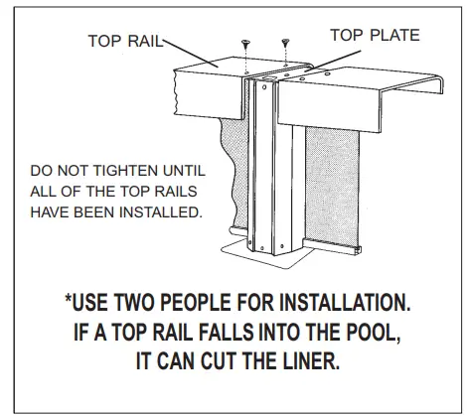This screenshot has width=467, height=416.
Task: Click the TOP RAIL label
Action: click(126, 41)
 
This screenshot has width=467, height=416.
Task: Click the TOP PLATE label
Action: click(375, 35)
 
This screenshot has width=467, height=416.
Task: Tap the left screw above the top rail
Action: click(245, 44)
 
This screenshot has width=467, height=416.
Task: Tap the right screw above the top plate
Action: click(285, 43)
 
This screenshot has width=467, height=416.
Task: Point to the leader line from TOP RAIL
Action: click(191, 53)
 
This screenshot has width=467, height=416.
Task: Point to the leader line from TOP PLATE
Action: click(333, 61)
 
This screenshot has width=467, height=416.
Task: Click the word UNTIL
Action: click(184, 171)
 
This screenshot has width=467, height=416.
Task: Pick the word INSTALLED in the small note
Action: click(161, 212)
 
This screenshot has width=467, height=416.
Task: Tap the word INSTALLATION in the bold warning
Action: click(345, 302)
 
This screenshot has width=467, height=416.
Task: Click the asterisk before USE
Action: click(69, 298)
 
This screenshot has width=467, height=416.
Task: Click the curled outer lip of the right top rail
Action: click(439, 83)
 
